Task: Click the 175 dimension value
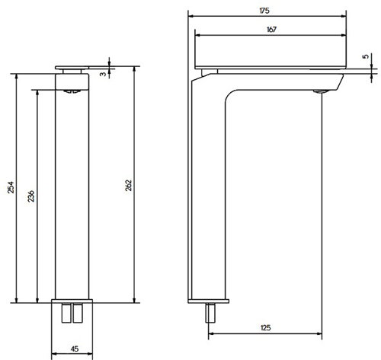pyautogui.click(x=264, y=10)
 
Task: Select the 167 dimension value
pyautogui.click(x=271, y=29)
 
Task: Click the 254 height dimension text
pyautogui.click(x=11, y=188)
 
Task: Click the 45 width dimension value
pyautogui.click(x=74, y=349)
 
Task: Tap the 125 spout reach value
pyautogui.click(x=264, y=327)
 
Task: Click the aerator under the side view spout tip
pyautogui.click(x=319, y=91)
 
